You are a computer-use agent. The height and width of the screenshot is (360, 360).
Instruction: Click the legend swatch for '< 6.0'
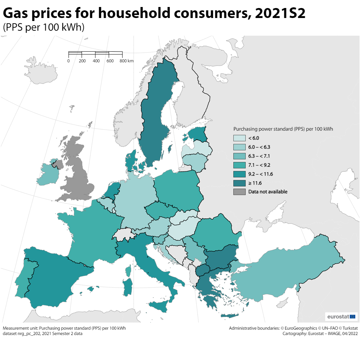[x=239, y=138]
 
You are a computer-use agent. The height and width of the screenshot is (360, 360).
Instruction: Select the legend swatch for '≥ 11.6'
[x=239, y=183]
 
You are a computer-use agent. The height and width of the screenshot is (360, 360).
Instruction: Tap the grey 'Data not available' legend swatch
[x=239, y=192]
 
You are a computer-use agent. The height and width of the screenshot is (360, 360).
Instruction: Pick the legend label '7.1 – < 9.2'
[x=259, y=165]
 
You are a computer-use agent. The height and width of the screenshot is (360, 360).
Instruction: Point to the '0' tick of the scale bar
[x=69, y=61]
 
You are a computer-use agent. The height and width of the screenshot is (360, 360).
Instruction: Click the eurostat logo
[x=341, y=316]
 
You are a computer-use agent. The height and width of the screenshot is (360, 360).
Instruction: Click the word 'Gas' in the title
[x=17, y=13]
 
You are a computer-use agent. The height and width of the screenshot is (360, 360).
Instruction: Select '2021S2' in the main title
[x=280, y=13]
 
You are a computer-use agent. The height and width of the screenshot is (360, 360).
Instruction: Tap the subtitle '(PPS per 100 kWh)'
[x=43, y=27]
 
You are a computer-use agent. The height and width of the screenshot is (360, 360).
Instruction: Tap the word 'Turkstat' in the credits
[x=349, y=328]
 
